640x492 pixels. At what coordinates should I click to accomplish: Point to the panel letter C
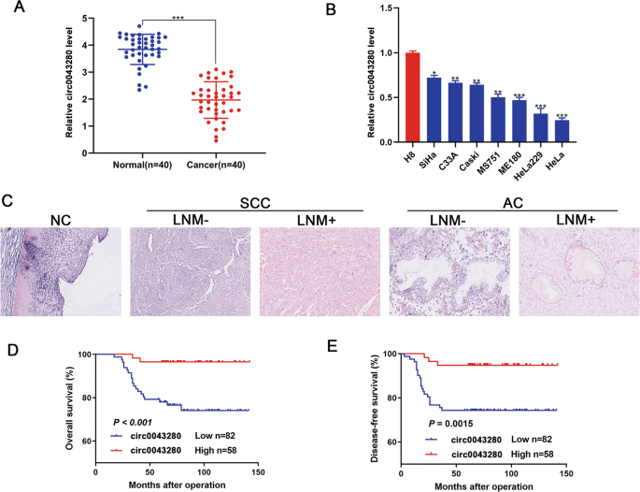(x=7, y=200)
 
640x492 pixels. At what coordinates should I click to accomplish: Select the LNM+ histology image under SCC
(x=315, y=284)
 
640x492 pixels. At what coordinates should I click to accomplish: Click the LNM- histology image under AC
(x=447, y=284)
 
